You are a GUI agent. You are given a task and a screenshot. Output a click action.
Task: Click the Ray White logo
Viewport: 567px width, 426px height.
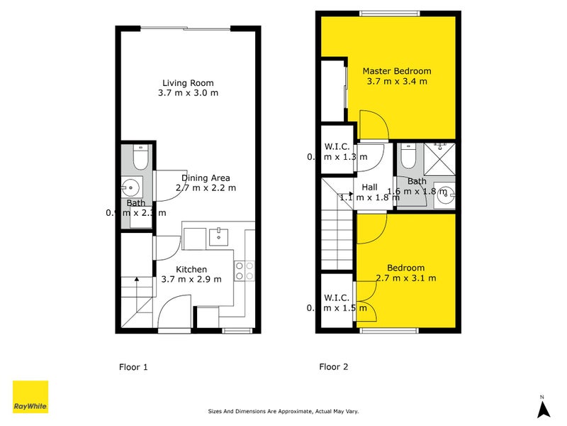coord(30,397)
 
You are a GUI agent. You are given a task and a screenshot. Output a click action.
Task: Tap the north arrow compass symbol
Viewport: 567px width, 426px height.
coord(542,408)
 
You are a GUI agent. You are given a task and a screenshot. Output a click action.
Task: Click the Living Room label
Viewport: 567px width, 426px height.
coord(188,82)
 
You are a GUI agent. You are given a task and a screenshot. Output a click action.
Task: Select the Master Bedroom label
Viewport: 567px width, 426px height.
coord(397,71)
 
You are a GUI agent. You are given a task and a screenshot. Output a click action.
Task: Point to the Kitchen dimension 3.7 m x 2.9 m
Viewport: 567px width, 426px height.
coord(191,279)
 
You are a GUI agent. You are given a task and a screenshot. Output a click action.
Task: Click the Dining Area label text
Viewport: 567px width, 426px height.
coord(206,178)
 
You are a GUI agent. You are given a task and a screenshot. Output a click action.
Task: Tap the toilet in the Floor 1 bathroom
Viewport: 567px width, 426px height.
coord(139,158)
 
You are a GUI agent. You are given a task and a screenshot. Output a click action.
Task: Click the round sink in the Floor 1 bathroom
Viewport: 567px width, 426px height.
coord(130,188)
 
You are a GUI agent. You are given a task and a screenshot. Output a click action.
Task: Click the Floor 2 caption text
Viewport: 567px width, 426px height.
coord(333,367)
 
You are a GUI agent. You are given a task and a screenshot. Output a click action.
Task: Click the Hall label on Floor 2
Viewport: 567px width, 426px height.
coord(369,187)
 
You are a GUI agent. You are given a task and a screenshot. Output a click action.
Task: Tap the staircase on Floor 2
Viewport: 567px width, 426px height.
coord(337,227)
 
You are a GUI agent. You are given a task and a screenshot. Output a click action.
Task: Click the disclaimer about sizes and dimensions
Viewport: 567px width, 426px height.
coord(283,411)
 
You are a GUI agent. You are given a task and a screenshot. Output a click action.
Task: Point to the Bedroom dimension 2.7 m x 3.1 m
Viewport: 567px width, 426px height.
coord(406,278)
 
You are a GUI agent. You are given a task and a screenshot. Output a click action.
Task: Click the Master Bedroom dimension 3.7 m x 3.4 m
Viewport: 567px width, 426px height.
coord(397,82)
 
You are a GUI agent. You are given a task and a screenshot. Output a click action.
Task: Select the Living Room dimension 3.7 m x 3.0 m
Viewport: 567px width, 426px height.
coord(188,93)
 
